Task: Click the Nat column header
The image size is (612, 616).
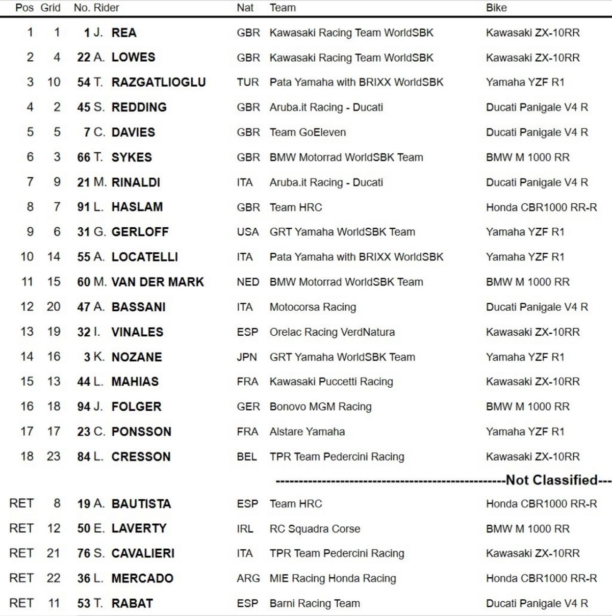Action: click(245, 8)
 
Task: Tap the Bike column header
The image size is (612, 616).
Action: click(496, 8)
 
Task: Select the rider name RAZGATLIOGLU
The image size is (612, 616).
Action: click(159, 82)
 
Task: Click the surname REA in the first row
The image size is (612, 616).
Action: click(124, 33)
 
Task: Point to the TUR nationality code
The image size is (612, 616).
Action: click(248, 82)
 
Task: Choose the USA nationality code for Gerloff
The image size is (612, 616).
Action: click(248, 232)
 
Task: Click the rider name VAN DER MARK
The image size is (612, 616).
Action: click(158, 282)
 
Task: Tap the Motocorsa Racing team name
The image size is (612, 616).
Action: click(313, 307)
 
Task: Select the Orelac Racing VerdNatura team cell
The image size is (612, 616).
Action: click(332, 332)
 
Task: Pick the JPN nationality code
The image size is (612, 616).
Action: click(247, 357)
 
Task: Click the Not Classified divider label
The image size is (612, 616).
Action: click(551, 480)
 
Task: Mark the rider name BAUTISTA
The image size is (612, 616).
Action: click(141, 504)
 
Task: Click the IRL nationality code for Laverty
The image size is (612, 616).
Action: click(245, 529)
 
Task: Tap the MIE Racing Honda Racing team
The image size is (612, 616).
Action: click(333, 578)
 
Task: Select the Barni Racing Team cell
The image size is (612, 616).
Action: click(315, 603)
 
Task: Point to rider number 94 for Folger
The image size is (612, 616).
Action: click(84, 407)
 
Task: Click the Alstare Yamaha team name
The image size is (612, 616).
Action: click(307, 432)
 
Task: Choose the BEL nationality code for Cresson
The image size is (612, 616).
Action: click(247, 457)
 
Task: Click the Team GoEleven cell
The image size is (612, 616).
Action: click(308, 132)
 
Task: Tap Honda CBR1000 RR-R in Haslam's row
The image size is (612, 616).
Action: click(541, 207)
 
